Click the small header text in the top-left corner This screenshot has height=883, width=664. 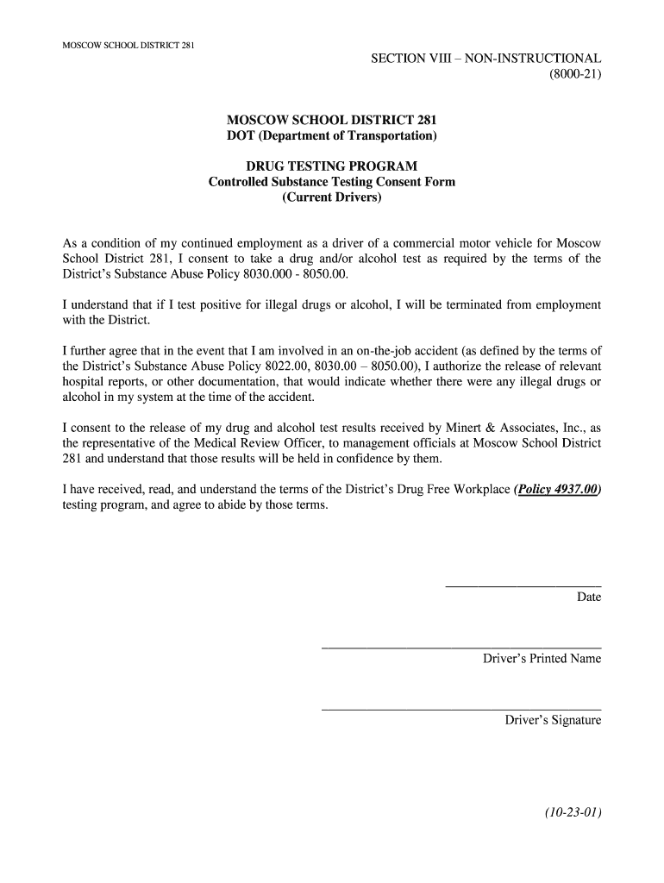click(x=129, y=45)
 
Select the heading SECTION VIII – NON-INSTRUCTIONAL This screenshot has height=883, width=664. click(x=485, y=59)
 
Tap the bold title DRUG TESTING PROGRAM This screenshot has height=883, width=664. click(x=331, y=166)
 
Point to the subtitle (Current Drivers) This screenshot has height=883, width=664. click(x=331, y=197)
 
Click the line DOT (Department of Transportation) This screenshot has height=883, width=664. click(x=331, y=136)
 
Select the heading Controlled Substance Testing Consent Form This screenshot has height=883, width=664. click(x=331, y=182)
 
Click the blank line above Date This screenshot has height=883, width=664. click(x=523, y=586)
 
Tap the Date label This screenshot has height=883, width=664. click(x=589, y=597)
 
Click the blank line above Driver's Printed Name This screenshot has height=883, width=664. click(x=460, y=648)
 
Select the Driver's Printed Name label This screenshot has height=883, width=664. click(x=542, y=659)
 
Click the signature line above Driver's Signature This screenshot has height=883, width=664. click(x=460, y=710)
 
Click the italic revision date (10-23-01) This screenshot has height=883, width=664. click(x=572, y=812)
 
